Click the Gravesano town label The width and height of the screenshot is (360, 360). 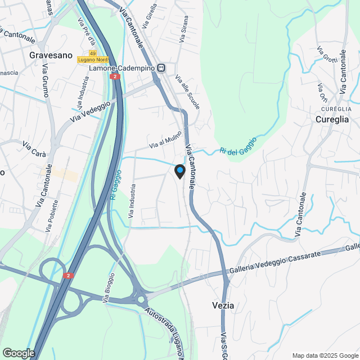point(51,56)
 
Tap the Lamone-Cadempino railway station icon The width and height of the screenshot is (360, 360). point(161,68)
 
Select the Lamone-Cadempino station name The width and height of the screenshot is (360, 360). point(123,68)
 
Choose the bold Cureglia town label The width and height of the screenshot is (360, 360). point(332,119)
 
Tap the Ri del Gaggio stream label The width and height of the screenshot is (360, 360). point(238,145)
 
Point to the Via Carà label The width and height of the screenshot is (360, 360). point(34,146)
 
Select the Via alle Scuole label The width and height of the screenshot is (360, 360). point(187,93)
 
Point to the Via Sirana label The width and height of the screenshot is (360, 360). point(184,29)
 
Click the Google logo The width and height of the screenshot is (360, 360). point(18,353)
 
